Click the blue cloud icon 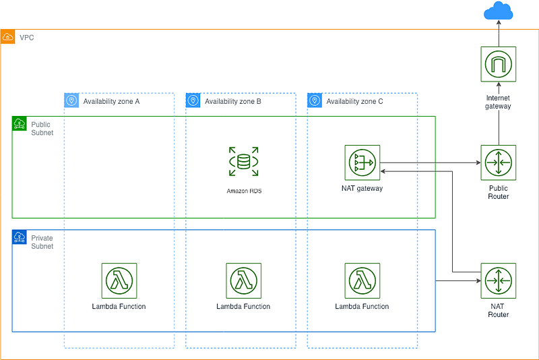(498, 11)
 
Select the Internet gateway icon (498, 64)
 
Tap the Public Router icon (498, 162)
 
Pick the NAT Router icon (498, 280)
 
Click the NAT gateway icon (362, 162)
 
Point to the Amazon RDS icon (244, 162)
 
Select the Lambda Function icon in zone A (119, 280)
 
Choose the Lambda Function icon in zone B (244, 280)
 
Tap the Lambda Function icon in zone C (362, 280)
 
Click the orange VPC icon (7, 37)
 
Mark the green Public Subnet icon (20, 123)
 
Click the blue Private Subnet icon (20, 237)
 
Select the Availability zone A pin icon (71, 100)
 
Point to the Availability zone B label (233, 101)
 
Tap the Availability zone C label (355, 101)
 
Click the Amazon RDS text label (244, 191)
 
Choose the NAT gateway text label (362, 188)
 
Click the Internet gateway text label (498, 102)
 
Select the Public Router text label (499, 192)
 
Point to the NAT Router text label (499, 310)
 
